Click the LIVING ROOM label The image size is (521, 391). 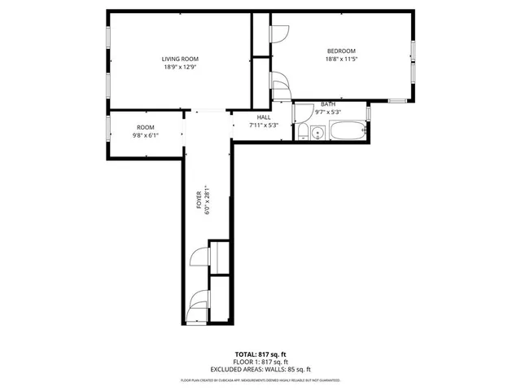[179, 59]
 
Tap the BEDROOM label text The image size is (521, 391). [341, 51]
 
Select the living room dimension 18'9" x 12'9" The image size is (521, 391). [179, 68]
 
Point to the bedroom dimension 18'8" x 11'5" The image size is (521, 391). [341, 59]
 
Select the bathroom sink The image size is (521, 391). [317, 132]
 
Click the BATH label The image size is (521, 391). [327, 104]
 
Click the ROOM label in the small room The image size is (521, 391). [145, 127]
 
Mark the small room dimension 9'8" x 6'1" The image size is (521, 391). [145, 135]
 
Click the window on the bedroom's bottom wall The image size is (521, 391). [396, 101]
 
